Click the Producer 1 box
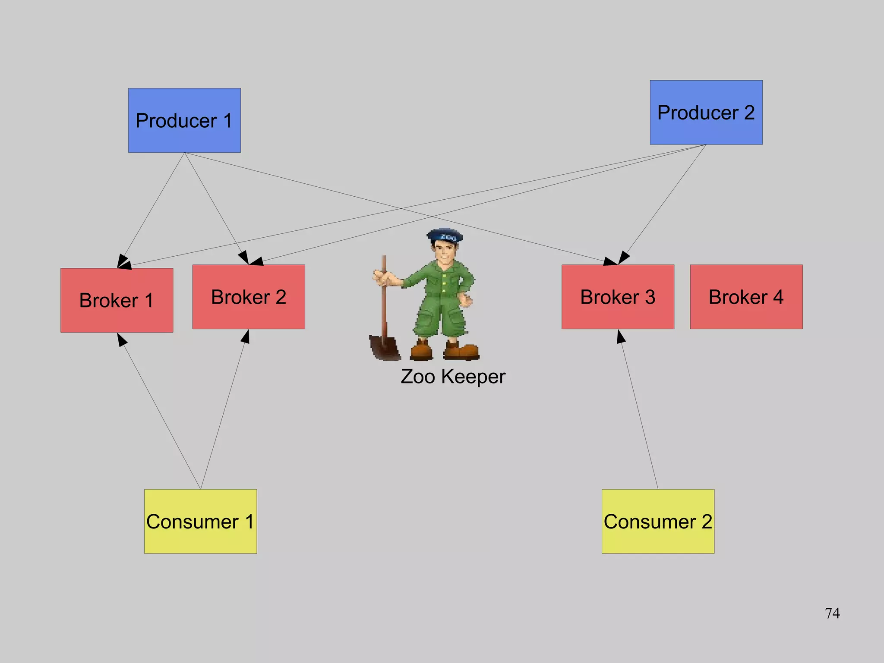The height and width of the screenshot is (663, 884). click(184, 120)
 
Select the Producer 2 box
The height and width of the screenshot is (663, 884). click(706, 112)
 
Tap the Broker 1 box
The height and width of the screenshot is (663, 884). click(117, 300)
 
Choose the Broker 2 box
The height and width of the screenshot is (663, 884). click(249, 297)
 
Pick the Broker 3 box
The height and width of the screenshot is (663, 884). click(618, 297)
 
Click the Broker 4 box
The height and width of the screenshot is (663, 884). click(746, 297)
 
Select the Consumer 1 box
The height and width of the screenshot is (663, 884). click(200, 521)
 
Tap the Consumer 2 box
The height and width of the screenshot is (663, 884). click(658, 521)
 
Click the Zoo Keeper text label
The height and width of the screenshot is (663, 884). click(453, 377)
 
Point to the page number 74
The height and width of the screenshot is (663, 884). click(832, 613)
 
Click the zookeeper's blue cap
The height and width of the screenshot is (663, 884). click(445, 236)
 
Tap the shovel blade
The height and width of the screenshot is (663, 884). click(384, 347)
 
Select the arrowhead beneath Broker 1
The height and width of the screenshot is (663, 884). click(121, 339)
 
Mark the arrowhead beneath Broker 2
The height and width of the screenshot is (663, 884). click(246, 336)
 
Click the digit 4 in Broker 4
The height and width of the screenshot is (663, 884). click(778, 297)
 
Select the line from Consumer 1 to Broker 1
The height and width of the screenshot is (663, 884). click(160, 412)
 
